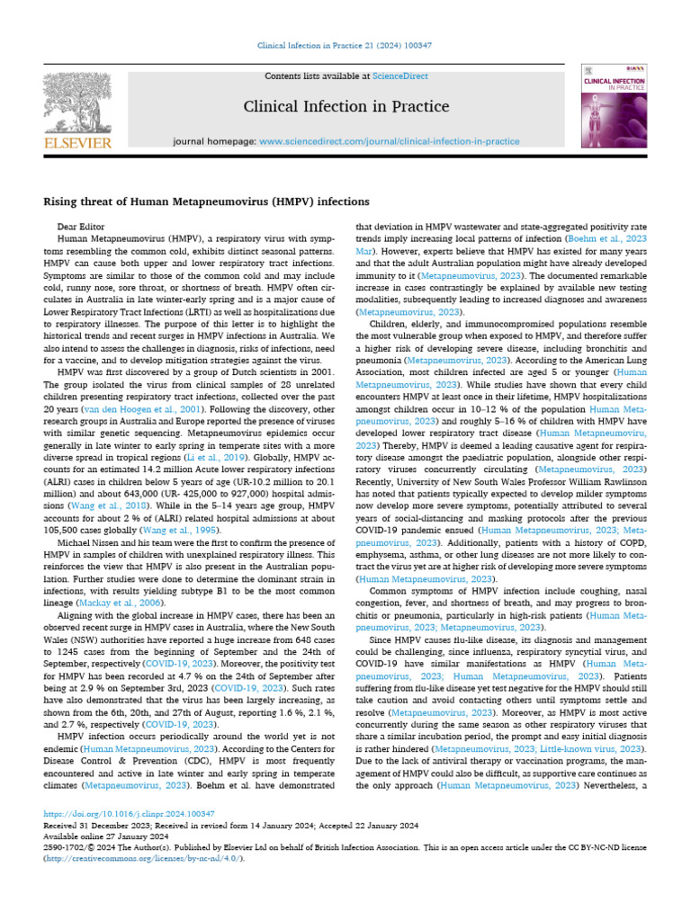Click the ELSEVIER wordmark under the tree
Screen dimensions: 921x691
pos(78,142)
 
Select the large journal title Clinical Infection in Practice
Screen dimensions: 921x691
pos(346,107)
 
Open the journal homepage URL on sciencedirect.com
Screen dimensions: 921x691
pos(389,141)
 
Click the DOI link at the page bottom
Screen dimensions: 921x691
pos(116,811)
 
